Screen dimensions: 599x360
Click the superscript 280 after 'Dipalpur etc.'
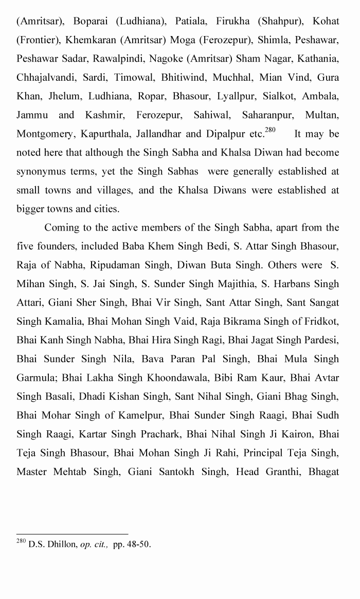(x=270, y=130)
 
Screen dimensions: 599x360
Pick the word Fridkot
(x=322, y=321)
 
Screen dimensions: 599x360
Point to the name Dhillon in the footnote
(x=60, y=544)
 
